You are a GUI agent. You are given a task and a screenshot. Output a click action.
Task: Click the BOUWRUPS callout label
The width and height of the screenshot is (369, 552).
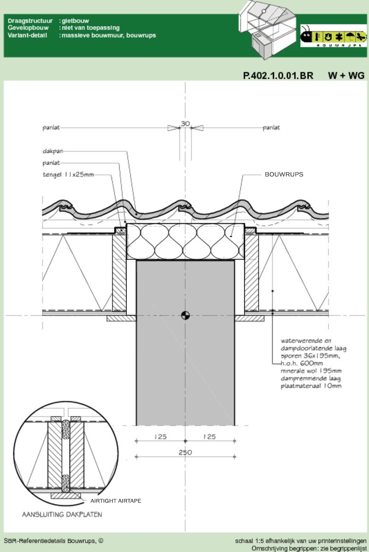pyautogui.click(x=284, y=174)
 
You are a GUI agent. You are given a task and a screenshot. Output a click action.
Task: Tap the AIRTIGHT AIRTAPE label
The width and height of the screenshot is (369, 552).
pyautogui.click(x=116, y=501)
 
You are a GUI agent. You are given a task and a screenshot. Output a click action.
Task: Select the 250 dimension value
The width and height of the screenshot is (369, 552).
pyautogui.click(x=185, y=453)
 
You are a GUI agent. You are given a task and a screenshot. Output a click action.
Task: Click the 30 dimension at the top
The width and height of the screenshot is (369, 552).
pyautogui.click(x=185, y=124)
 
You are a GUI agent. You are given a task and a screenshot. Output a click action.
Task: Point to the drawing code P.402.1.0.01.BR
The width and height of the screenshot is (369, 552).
pyautogui.click(x=278, y=76)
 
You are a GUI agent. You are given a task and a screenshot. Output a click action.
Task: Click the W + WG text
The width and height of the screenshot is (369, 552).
pyautogui.click(x=346, y=76)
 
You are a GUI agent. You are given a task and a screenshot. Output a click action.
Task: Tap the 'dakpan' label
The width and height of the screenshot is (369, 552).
pyautogui.click(x=53, y=151)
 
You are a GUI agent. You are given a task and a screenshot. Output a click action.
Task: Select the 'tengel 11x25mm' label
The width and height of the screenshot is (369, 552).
pyautogui.click(x=68, y=174)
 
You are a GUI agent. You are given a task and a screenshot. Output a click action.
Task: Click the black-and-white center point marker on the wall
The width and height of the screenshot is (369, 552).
pyautogui.click(x=185, y=316)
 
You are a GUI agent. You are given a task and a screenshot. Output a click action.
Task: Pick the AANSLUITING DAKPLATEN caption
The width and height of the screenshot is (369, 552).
pyautogui.click(x=62, y=514)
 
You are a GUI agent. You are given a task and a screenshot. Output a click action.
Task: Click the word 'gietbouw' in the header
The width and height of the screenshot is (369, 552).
pyautogui.click(x=75, y=21)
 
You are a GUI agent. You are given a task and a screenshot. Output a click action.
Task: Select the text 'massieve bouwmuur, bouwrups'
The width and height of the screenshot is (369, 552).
pyautogui.click(x=109, y=35)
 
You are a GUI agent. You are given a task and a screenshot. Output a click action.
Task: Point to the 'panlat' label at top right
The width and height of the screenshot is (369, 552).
pyautogui.click(x=271, y=127)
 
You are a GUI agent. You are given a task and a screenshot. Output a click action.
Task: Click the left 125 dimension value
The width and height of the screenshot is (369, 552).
pyautogui.click(x=160, y=437)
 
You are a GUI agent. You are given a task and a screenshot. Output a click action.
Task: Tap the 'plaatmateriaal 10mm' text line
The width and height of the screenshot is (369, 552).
pyautogui.click(x=311, y=386)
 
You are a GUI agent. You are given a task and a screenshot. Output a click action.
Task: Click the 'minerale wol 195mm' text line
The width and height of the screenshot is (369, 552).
pyautogui.click(x=311, y=371)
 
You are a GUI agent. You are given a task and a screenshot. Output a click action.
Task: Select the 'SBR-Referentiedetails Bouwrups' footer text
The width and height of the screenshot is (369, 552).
pyautogui.click(x=49, y=541)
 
